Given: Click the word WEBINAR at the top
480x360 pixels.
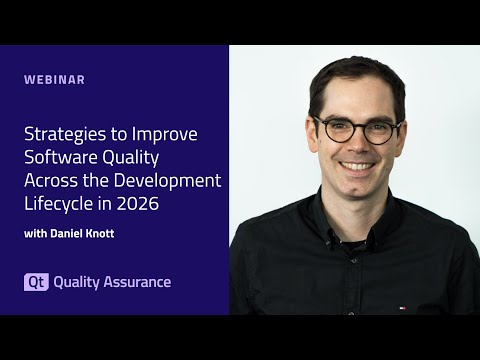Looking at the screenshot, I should tap(55, 79).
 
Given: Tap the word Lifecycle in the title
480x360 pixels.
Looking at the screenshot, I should tap(57, 204).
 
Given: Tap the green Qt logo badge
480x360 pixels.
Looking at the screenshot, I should tap(35, 282).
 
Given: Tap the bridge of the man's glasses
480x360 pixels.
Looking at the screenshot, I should tap(357, 129).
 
